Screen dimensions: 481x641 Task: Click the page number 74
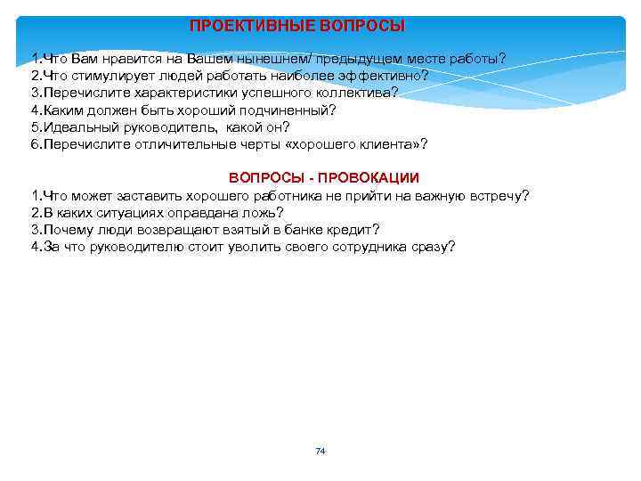click(320, 452)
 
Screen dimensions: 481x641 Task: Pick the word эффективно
click(384, 76)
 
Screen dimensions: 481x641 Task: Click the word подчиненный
click(287, 110)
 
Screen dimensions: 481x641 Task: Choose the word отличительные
click(186, 143)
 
